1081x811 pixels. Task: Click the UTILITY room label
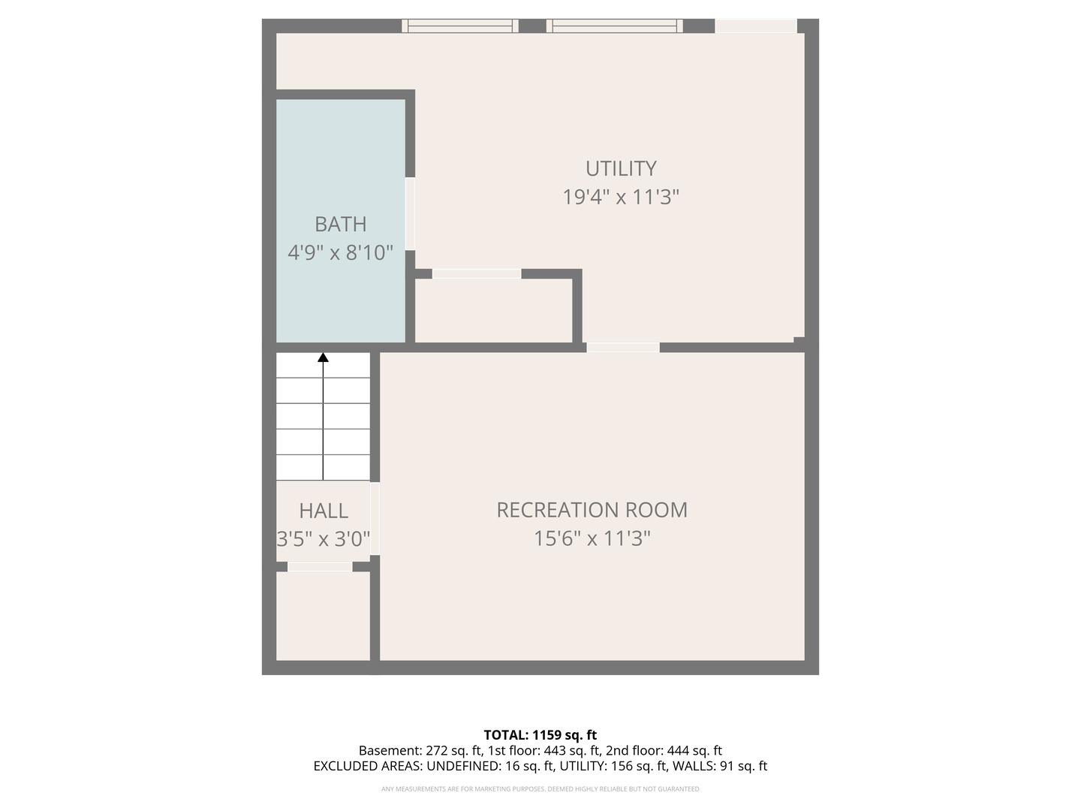[621, 168]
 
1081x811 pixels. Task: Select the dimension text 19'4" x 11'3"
[621, 197]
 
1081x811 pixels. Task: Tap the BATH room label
[340, 224]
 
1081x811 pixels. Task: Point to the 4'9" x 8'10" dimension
[340, 252]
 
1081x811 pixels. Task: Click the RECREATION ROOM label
[592, 510]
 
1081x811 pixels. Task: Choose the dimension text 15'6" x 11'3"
[592, 538]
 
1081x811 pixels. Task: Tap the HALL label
[323, 511]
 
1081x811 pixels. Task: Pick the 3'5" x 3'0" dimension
[323, 539]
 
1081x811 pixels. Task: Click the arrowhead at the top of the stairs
[323, 357]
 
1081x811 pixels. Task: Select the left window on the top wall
[459, 26]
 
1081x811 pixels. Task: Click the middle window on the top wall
[615, 26]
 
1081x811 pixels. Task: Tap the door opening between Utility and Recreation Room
[622, 347]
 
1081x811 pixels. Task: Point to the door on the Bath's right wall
[410, 214]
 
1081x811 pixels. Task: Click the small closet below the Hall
[323, 616]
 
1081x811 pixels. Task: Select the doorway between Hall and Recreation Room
[375, 518]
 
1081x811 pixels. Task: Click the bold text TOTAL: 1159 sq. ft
[540, 735]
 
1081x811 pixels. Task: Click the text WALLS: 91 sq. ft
[719, 767]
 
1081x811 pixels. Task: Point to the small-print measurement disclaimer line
[540, 789]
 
